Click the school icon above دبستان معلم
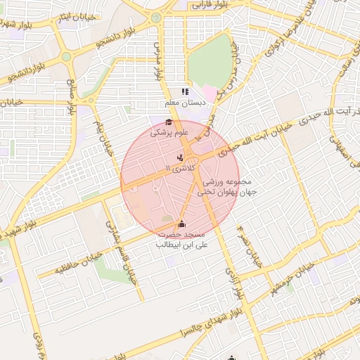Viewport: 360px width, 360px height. click(x=185, y=91)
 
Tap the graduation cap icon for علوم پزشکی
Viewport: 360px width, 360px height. click(x=169, y=122)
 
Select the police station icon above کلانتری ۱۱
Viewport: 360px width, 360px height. click(x=181, y=157)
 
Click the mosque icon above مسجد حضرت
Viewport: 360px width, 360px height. click(x=183, y=224)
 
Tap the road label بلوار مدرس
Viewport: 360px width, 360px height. click(x=158, y=56)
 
